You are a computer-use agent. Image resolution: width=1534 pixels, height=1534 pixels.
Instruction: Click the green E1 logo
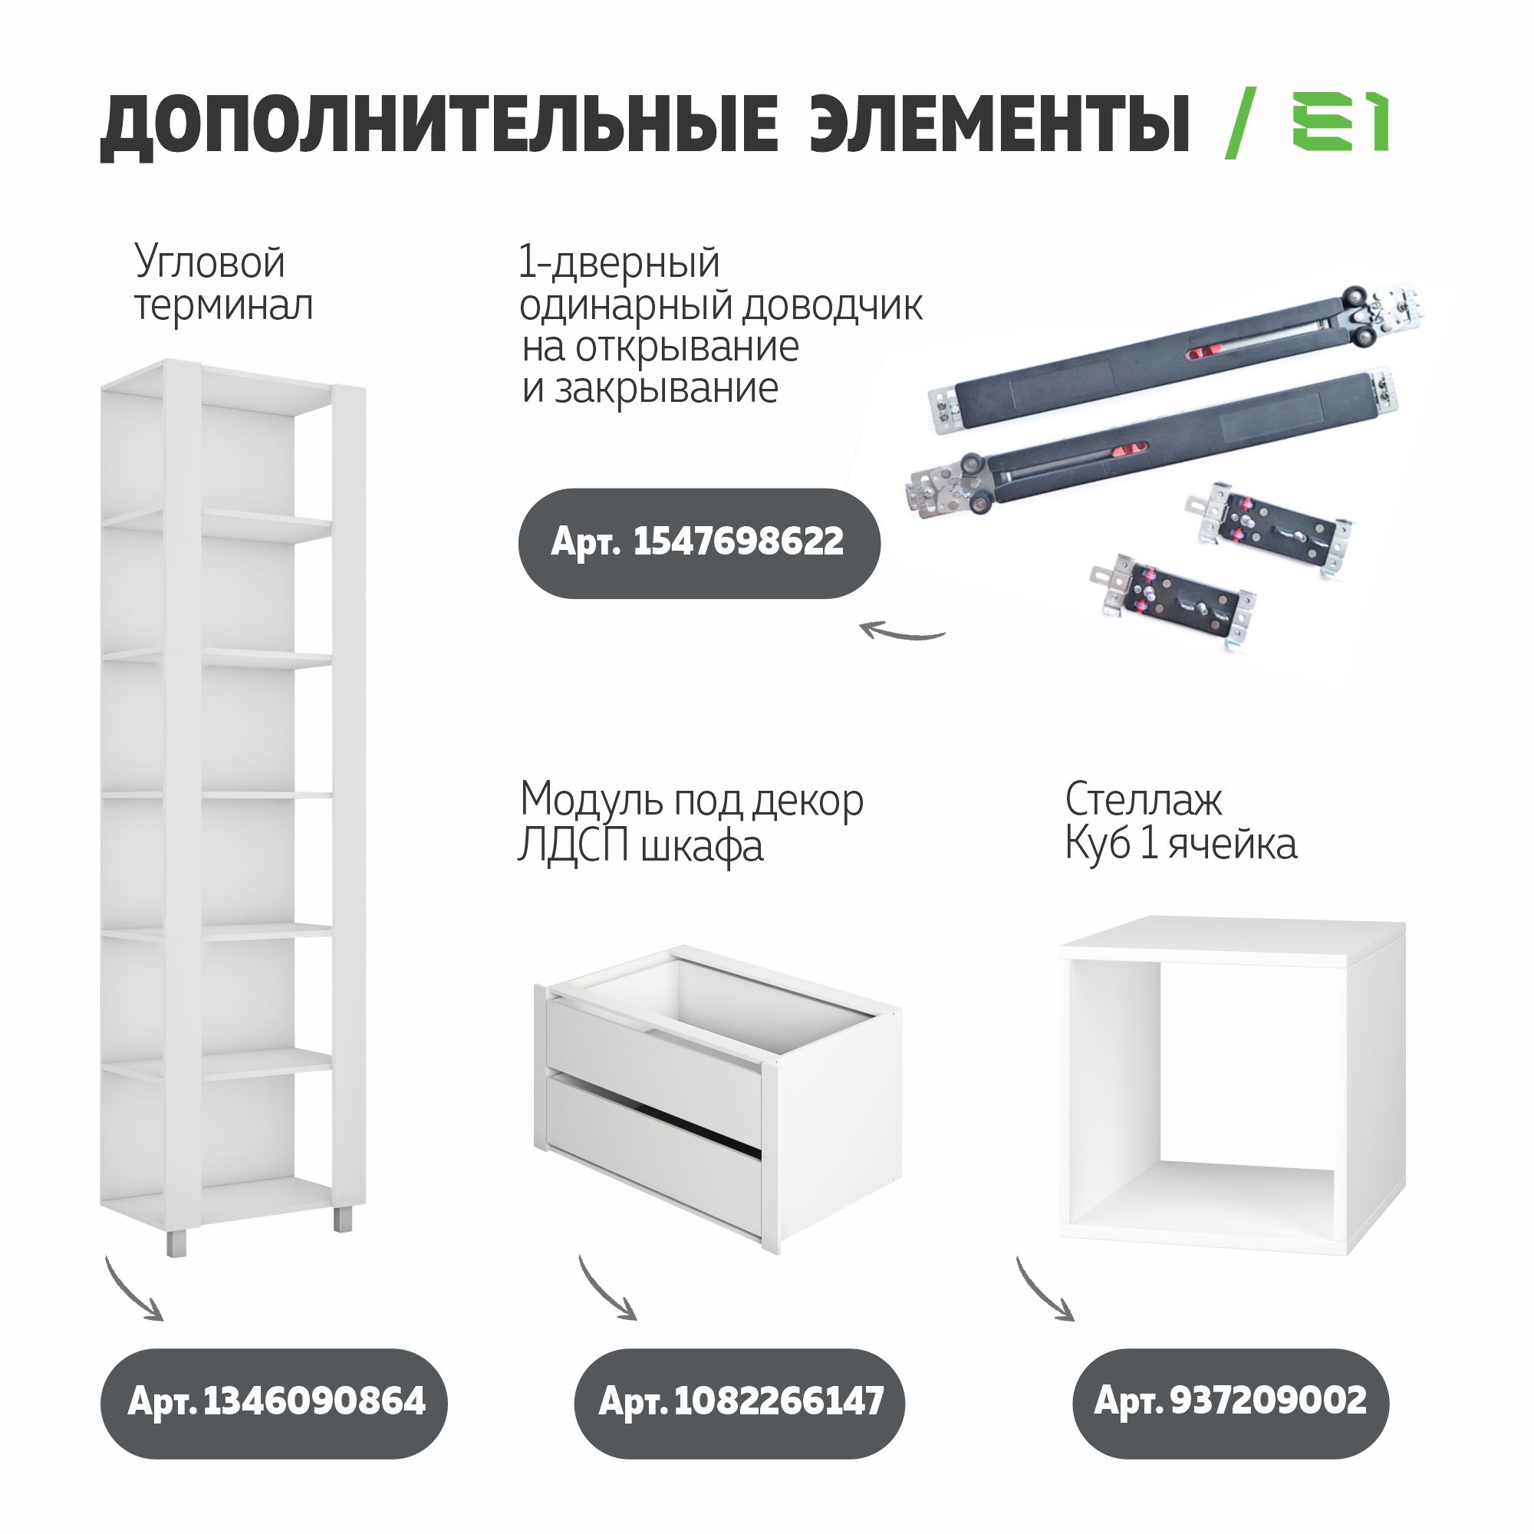[1339, 121]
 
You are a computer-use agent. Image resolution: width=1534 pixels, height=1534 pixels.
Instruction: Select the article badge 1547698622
[699, 543]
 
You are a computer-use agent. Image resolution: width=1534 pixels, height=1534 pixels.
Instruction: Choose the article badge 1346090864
[274, 1401]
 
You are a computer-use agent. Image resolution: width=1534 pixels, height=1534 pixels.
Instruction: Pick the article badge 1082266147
[740, 1401]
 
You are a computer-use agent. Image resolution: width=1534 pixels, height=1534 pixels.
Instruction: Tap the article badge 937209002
[1231, 1401]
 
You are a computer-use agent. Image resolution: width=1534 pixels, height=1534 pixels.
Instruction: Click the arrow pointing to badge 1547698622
[903, 632]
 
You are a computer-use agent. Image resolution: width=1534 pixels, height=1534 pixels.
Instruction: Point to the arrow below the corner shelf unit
[133, 1290]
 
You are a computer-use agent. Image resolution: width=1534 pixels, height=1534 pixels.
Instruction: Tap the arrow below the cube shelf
[1044, 1290]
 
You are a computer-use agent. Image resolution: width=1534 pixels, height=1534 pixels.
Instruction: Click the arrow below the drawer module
[607, 1290]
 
